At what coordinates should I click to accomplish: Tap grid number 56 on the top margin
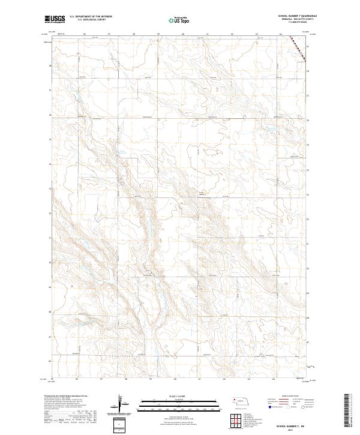coord(85,34)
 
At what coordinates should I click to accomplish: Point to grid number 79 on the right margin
coord(308,46)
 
